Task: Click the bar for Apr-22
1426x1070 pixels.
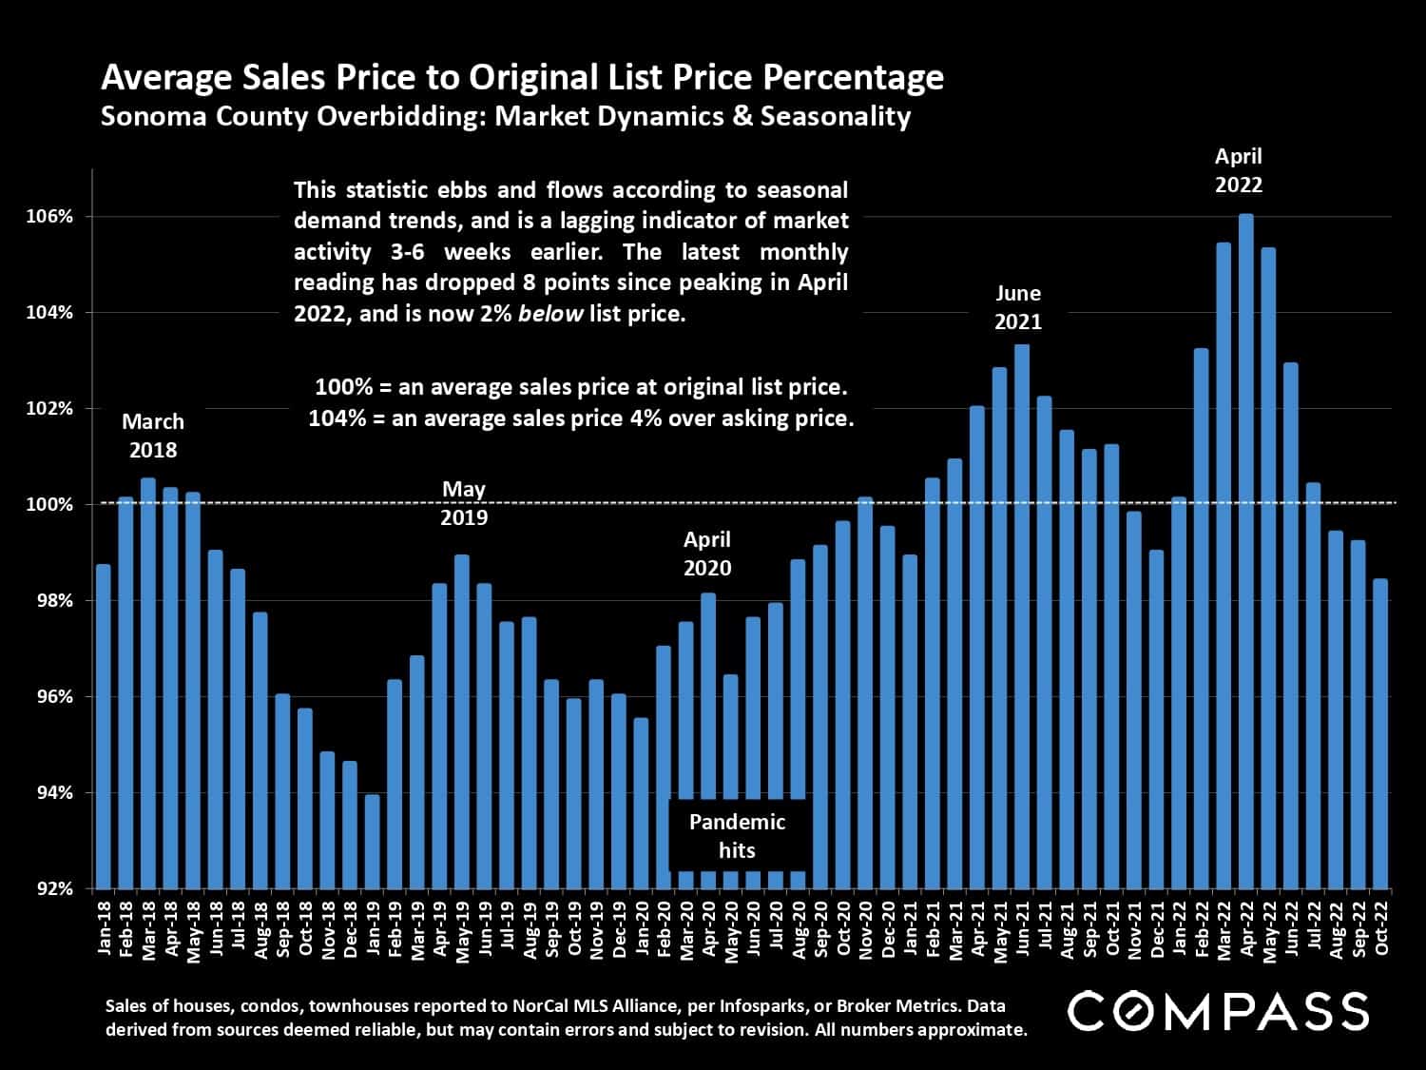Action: (x=1245, y=552)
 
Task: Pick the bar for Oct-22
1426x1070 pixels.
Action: (x=1380, y=733)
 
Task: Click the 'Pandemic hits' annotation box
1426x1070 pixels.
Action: (x=737, y=836)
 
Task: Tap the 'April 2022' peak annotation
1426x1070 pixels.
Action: (x=1238, y=170)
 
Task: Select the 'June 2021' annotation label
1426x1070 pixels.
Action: (x=1018, y=307)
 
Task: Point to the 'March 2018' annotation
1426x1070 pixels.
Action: (x=153, y=436)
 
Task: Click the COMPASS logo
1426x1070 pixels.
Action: (x=1218, y=1010)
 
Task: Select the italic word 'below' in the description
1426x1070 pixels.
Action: (x=549, y=313)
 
